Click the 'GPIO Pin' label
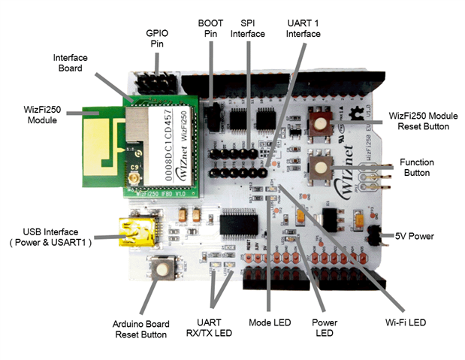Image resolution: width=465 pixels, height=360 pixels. click(156, 39)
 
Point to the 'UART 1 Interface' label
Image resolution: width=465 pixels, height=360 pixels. click(303, 28)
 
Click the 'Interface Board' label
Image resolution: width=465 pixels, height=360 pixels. click(71, 62)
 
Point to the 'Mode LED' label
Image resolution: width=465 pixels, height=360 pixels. click(268, 322)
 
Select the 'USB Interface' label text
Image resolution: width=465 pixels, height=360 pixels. click(50, 236)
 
